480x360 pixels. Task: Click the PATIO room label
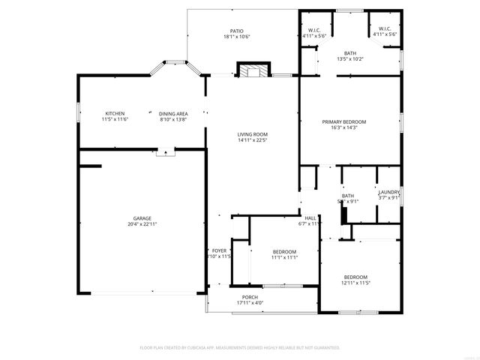pyautogui.click(x=236, y=31)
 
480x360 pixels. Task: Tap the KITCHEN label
pyautogui.click(x=115, y=113)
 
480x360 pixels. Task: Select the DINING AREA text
pyautogui.click(x=172, y=113)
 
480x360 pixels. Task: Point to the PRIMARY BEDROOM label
pyautogui.click(x=344, y=121)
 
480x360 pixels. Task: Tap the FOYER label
pyautogui.click(x=219, y=250)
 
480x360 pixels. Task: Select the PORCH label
pyautogui.click(x=250, y=297)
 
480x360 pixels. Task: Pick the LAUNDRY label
pyautogui.click(x=388, y=192)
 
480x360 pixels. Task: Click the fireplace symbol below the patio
pyautogui.click(x=252, y=70)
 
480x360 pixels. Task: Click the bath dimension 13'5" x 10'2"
pyautogui.click(x=349, y=59)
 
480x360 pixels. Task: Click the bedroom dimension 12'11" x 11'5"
pyautogui.click(x=355, y=283)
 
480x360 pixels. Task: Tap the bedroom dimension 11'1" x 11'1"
pyautogui.click(x=284, y=257)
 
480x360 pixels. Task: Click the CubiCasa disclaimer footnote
pyautogui.click(x=240, y=348)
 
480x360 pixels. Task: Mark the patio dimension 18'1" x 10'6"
pyautogui.click(x=236, y=37)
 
